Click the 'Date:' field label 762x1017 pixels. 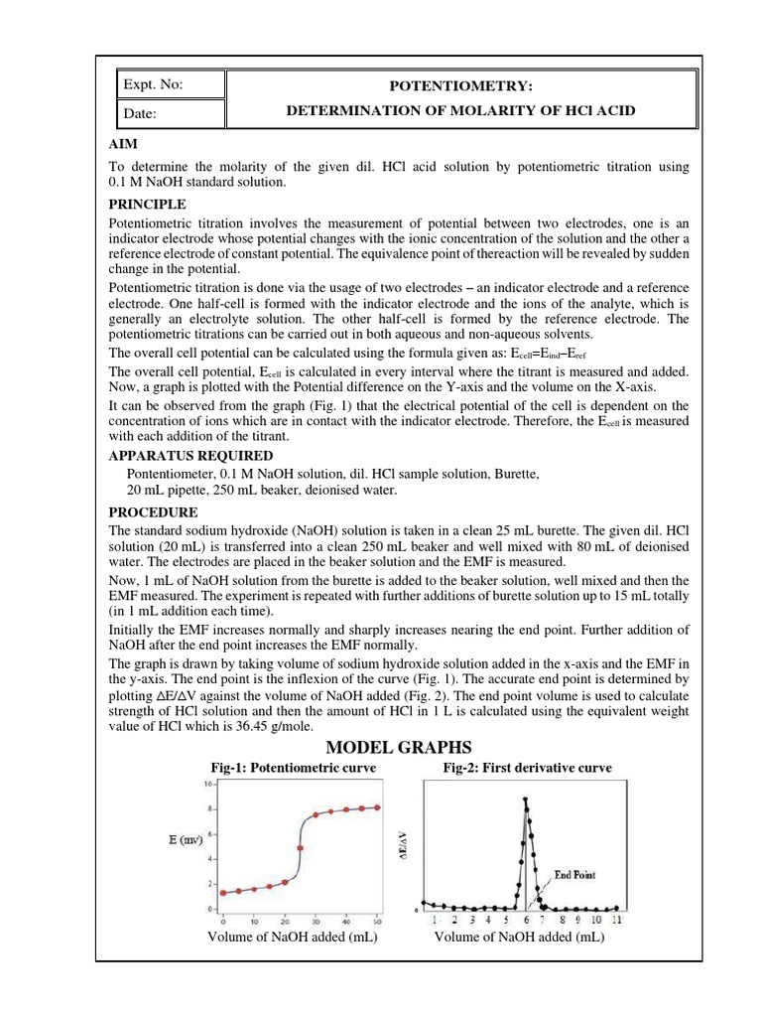coord(140,114)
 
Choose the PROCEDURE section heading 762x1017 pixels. coord(153,512)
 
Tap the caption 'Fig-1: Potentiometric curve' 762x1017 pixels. coord(294,768)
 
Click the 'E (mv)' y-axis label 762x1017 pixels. coord(185,839)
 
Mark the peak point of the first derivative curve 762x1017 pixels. coord(525,799)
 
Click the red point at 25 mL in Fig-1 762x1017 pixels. coord(300,848)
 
